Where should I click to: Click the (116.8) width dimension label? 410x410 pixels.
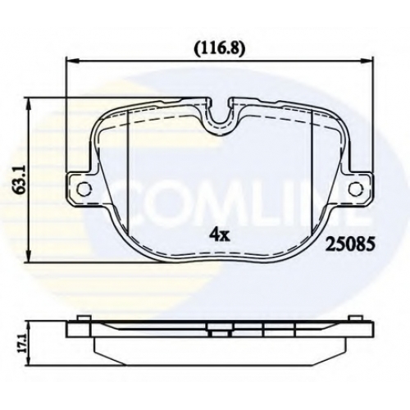[218, 49]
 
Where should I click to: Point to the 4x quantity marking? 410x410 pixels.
[220, 235]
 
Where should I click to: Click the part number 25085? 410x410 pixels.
[349, 244]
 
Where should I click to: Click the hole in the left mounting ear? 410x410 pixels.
[84, 189]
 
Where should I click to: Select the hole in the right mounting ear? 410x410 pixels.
[357, 189]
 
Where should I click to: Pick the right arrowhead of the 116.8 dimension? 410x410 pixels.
[367, 61]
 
